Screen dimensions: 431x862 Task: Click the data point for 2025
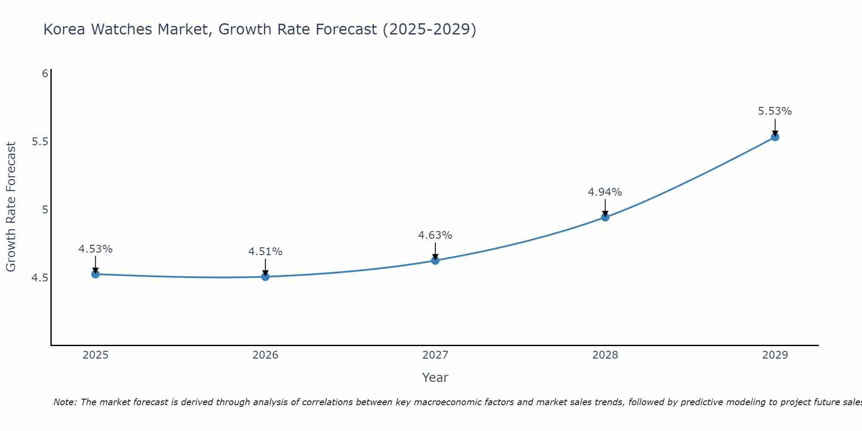point(96,274)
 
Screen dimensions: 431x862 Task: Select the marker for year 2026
point(265,277)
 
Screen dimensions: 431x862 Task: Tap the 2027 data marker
point(435,260)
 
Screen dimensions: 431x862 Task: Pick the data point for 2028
point(605,217)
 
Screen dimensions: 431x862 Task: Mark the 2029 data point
point(775,137)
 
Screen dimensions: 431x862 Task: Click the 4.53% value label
point(96,249)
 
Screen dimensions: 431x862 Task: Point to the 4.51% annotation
point(265,252)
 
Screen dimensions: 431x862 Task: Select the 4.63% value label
point(435,235)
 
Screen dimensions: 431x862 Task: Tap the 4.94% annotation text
point(605,192)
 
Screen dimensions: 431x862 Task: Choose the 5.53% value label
point(775,111)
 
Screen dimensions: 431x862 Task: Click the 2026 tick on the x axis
point(265,355)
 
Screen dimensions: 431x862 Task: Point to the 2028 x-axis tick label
point(605,355)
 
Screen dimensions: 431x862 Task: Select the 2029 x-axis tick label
point(775,355)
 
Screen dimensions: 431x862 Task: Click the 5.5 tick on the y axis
point(40,142)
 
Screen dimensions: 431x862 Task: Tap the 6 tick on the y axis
point(45,74)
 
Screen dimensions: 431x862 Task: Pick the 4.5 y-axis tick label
point(40,278)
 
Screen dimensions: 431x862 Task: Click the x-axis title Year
point(435,378)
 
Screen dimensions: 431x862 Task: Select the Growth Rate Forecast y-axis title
point(11,207)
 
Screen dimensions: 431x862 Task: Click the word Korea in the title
point(65,29)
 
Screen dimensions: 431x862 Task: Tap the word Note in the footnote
point(65,402)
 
